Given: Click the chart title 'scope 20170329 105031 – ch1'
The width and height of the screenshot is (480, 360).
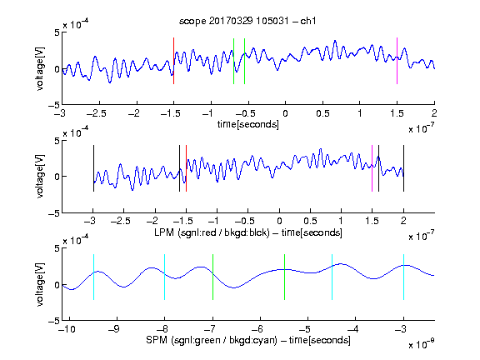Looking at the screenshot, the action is click(247, 21).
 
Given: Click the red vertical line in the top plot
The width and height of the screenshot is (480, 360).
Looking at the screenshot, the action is click(173, 61).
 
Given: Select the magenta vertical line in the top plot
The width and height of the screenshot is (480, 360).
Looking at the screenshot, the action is click(397, 61).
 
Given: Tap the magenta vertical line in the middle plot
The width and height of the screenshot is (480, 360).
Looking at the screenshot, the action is click(372, 168).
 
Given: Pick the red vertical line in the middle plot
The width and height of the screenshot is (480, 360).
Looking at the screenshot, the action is click(186, 168).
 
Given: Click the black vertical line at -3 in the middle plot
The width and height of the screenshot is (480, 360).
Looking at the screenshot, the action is click(93, 168).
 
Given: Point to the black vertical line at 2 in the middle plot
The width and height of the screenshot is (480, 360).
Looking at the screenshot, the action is click(403, 168).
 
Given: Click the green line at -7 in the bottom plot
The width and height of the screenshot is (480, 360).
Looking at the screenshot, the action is click(212, 277).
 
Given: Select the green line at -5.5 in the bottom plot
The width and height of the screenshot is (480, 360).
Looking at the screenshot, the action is click(284, 277).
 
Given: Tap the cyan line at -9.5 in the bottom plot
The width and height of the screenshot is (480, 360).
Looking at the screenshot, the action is click(93, 277).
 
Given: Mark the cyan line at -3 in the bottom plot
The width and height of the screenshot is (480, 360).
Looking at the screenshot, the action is click(403, 277).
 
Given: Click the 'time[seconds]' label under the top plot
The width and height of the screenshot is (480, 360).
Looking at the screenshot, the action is click(248, 124).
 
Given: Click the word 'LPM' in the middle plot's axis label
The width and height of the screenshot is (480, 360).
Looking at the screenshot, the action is click(164, 232).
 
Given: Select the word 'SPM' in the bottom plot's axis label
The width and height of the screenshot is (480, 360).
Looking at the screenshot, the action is click(157, 340).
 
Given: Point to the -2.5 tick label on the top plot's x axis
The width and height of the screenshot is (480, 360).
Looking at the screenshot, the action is click(97, 113).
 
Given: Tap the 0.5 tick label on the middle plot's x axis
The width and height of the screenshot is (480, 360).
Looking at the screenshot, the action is click(310, 222).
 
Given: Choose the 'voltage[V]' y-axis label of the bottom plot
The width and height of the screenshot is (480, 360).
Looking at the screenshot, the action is click(40, 284).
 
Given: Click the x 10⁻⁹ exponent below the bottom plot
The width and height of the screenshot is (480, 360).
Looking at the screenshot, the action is click(422, 344).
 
